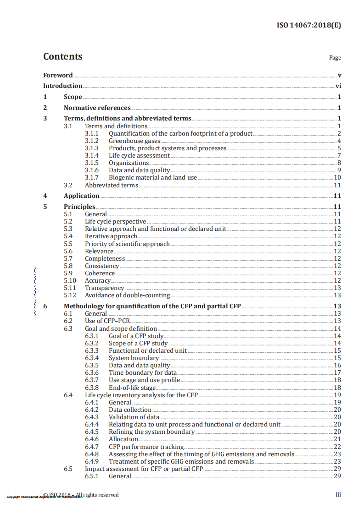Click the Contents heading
tap(63, 57)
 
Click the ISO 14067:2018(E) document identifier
tap(308, 25)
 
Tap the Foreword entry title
tap(58, 75)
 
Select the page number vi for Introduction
tap(338, 86)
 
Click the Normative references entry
tap(97, 108)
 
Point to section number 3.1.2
tap(92, 141)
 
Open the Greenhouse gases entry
tap(134, 141)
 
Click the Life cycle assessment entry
tap(139, 155)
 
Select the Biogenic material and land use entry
tap(153, 177)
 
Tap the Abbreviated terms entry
tap(112, 185)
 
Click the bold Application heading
tap(81, 196)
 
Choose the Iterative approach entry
tap(111, 236)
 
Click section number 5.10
tap(70, 280)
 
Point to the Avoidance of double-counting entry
tap(127, 295)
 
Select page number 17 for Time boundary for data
tap(337, 372)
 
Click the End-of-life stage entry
tap(132, 388)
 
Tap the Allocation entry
tap(123, 439)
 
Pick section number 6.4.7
tap(92, 447)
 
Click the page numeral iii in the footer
tap(338, 495)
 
